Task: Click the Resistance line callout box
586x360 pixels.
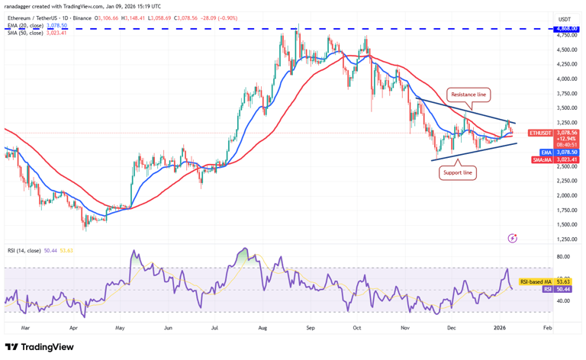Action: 468,95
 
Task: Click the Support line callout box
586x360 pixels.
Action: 458,173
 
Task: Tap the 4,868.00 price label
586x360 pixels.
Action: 565,28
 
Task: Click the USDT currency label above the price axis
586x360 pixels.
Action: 565,19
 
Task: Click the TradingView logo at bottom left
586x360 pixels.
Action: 40,347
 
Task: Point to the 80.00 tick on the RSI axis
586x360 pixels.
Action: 564,257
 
